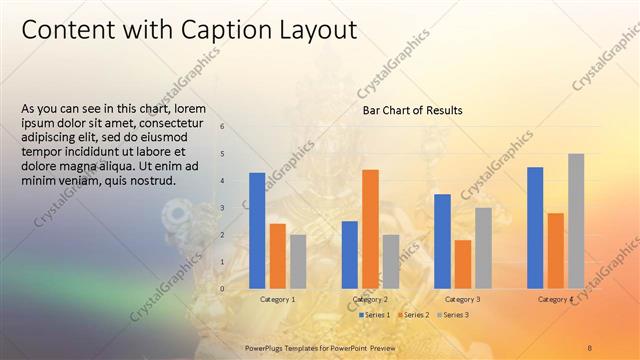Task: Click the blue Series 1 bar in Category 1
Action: (257, 230)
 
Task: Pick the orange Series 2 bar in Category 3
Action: (462, 263)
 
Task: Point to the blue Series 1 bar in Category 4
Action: (535, 227)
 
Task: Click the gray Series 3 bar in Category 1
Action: (298, 261)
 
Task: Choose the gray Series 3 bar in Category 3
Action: (483, 247)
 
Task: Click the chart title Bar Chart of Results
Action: (412, 111)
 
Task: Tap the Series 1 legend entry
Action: (375, 315)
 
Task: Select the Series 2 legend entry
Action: (414, 315)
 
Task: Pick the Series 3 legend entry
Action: (452, 315)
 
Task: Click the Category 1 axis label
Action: (277, 299)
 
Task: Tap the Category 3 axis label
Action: (462, 299)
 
